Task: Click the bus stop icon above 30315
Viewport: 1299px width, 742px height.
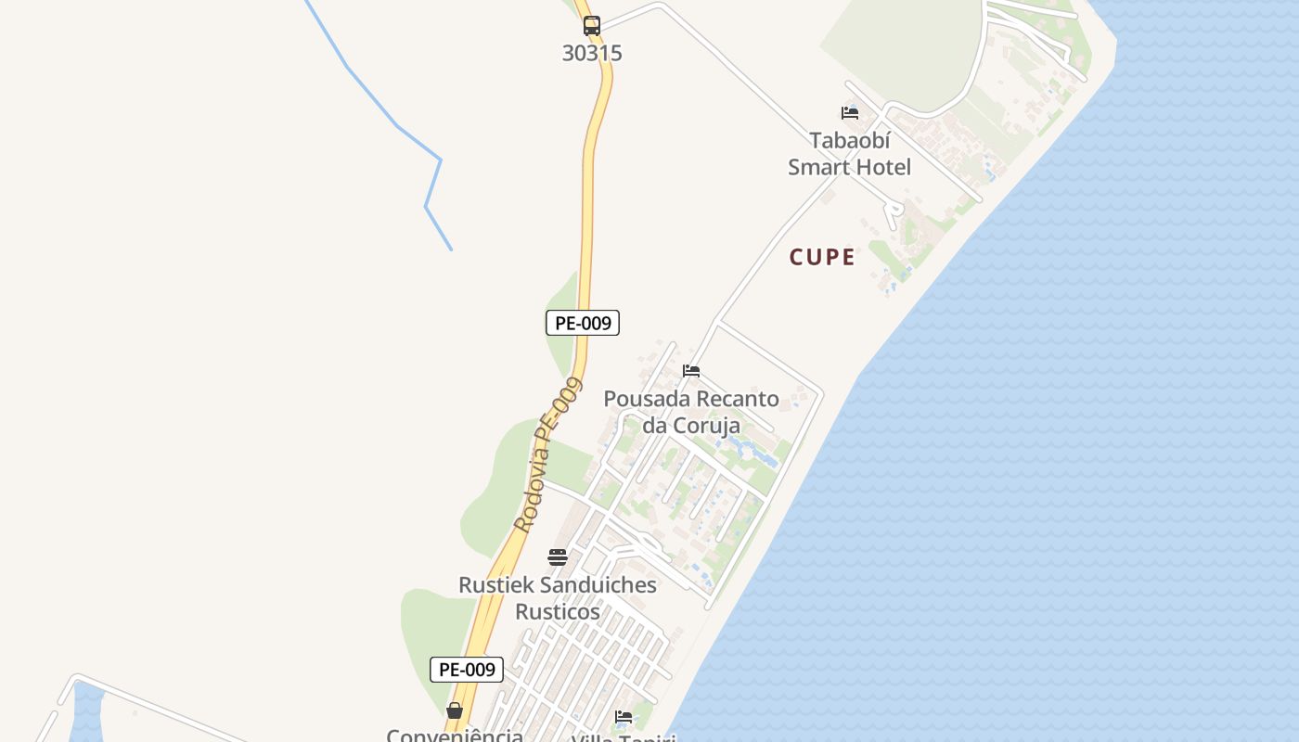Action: point(591,26)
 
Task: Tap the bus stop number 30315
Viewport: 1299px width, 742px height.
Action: point(592,53)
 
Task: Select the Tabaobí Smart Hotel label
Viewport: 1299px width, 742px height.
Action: point(849,154)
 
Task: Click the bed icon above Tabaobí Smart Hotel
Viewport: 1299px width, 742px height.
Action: point(849,113)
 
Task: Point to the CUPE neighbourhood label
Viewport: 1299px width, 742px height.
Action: point(822,257)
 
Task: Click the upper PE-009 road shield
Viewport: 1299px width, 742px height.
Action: point(582,323)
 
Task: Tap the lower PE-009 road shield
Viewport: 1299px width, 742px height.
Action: point(467,669)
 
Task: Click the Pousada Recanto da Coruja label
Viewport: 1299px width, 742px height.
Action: point(691,412)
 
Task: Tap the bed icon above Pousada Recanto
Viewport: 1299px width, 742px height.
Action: point(691,371)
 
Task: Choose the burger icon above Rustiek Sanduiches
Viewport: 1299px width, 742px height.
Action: point(557,557)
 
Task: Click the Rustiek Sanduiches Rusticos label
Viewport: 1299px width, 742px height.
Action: point(558,598)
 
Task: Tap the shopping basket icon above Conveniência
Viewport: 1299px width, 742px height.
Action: point(454,710)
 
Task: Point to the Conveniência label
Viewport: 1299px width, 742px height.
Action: point(455,735)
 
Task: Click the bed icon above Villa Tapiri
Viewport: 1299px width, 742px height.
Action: point(624,717)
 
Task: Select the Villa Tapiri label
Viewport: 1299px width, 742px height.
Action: point(624,738)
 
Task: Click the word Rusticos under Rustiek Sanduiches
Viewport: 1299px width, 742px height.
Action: point(558,612)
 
